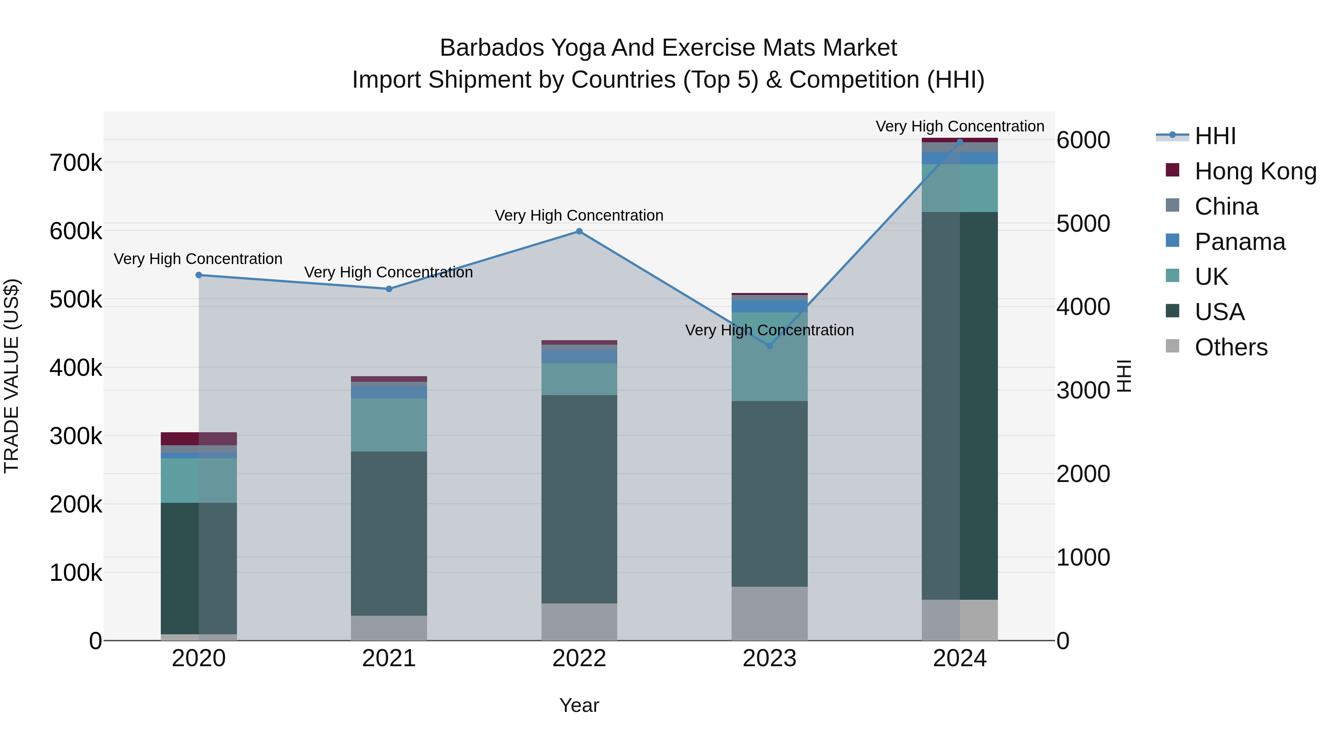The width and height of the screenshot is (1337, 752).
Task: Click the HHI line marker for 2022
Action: coord(579,231)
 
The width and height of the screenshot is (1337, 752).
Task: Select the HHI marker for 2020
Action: coord(199,275)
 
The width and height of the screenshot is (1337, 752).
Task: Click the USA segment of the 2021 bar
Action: coord(389,534)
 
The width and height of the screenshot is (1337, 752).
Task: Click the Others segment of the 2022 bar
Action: coord(579,622)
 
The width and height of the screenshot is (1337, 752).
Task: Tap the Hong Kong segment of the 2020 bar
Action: coord(199,439)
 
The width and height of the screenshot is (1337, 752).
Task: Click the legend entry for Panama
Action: coord(1239,242)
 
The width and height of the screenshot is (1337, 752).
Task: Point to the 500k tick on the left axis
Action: coord(76,299)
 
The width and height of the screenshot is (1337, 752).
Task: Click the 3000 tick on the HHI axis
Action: coord(1083,390)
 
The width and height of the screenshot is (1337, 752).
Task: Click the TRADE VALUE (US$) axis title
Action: coord(12,376)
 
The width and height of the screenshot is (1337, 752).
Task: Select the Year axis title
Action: coord(579,705)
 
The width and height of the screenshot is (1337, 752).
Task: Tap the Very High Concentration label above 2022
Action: coord(579,215)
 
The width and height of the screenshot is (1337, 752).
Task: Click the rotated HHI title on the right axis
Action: coord(1124,376)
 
